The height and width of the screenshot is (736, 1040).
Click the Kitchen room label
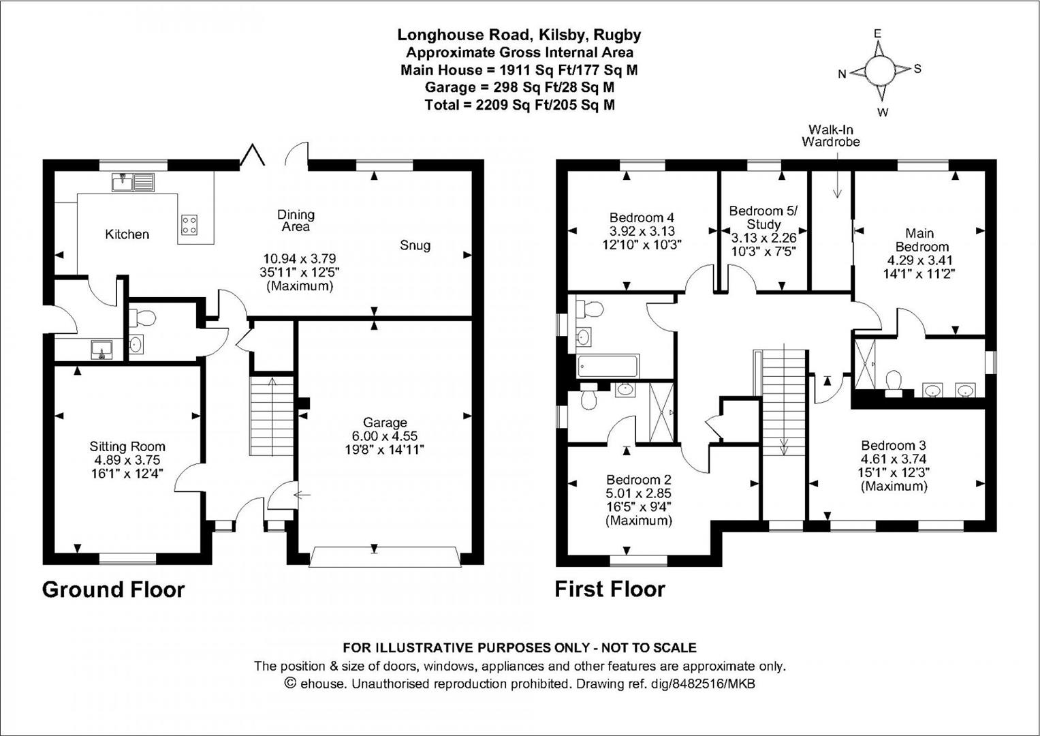[x=127, y=234]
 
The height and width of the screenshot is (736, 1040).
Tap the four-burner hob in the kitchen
[x=189, y=225]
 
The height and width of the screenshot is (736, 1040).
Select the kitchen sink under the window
[x=133, y=182]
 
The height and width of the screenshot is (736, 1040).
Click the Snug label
[x=415, y=245]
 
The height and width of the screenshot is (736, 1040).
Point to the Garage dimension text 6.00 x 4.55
[x=385, y=436]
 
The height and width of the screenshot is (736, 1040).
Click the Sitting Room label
[x=127, y=447]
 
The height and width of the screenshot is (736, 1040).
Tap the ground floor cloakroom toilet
[x=143, y=317]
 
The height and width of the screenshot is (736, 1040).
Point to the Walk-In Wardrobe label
[x=830, y=136]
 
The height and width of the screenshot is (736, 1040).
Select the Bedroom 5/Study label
[x=763, y=217]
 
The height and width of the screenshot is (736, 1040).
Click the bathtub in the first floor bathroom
[x=608, y=367]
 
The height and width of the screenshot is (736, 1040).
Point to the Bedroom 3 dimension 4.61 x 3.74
[x=894, y=459]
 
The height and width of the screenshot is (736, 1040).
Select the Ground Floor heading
[x=113, y=589]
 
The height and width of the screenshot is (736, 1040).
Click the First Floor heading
[x=610, y=589]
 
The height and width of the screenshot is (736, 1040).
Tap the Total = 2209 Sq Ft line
[x=519, y=105]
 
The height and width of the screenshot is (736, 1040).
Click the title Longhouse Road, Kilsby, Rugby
[x=519, y=35]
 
